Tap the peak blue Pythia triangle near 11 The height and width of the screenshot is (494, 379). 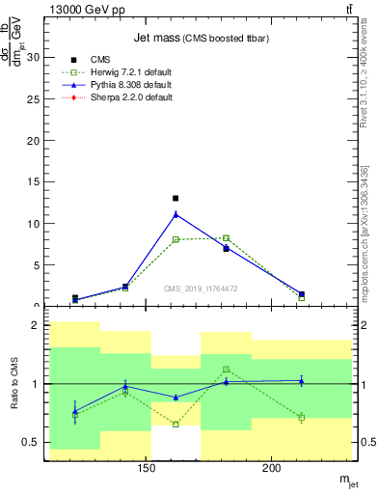click(176, 214)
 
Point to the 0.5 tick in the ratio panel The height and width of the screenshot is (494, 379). click(31, 442)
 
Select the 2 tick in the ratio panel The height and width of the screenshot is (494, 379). click(36, 326)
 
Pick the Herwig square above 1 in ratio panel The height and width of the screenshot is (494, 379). click(226, 369)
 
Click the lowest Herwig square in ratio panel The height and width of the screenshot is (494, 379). click(176, 424)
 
